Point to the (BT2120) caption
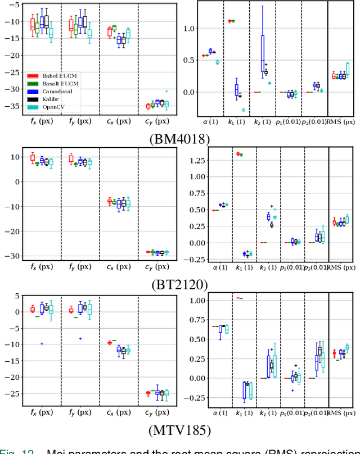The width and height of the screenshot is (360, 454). pos(180,284)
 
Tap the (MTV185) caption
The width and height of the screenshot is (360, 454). pos(180,432)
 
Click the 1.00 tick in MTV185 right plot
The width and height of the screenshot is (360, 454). pos(183,300)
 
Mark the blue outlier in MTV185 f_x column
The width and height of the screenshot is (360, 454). pos(42,344)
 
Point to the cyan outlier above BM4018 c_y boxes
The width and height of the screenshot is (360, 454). pos(166,91)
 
